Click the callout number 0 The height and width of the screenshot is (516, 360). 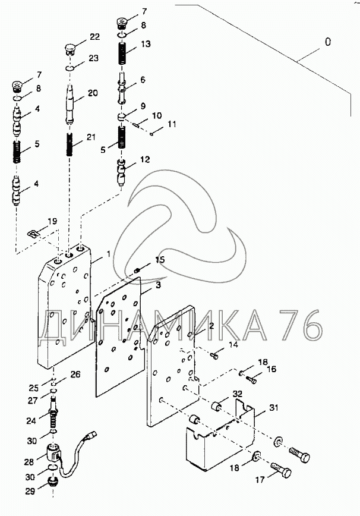pos(326,42)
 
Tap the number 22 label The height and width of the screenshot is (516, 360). pos(94,37)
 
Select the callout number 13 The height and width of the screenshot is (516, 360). pos(146,44)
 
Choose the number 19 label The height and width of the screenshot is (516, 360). pos(52,221)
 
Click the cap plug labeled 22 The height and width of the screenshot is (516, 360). pos(70,48)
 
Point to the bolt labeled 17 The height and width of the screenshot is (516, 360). pos(282,474)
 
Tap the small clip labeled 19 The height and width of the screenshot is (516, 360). pos(36,232)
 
